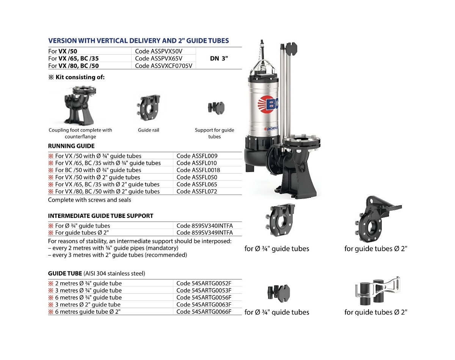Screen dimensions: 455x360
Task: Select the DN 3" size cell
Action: pos(219,58)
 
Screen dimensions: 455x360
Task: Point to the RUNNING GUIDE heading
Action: pos(71,146)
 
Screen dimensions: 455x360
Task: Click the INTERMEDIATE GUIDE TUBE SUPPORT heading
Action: pos(100,216)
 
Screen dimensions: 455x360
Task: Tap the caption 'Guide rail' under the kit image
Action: pos(148,130)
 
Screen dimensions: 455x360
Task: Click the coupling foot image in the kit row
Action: pos(80,105)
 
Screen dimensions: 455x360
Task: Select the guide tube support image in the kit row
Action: pos(216,108)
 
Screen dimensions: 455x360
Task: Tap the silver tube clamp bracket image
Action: pos(378,290)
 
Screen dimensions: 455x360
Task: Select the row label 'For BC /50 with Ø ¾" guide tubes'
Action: pos(98,170)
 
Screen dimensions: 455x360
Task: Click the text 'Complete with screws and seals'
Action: pos(89,200)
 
